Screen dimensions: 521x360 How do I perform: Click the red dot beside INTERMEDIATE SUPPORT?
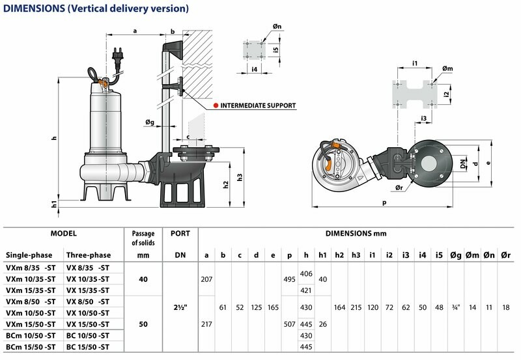point(216,105)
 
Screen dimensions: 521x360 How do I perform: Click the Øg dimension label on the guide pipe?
point(150,122)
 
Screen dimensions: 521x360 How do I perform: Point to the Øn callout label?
point(277,26)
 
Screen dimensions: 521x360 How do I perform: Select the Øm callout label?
point(447,68)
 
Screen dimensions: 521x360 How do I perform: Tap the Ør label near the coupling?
point(399,187)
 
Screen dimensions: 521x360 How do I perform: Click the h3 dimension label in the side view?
point(240,177)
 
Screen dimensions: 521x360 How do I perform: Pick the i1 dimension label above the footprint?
point(415,63)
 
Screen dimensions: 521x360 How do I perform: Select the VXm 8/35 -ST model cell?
point(31,268)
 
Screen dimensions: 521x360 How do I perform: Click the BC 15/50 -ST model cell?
point(88,347)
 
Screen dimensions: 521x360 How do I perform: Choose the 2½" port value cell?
point(180,307)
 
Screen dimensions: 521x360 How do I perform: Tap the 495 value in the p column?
point(289,279)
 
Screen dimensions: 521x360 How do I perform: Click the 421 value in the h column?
point(306,290)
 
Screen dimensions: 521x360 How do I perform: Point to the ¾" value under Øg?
point(456,307)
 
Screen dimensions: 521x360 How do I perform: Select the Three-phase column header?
point(89,255)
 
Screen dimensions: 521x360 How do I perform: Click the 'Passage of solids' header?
point(143,238)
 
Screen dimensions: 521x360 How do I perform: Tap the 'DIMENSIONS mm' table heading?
point(356,234)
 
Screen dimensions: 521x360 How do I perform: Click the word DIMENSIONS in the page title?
point(34,8)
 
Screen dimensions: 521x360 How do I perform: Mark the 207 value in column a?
point(206,279)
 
